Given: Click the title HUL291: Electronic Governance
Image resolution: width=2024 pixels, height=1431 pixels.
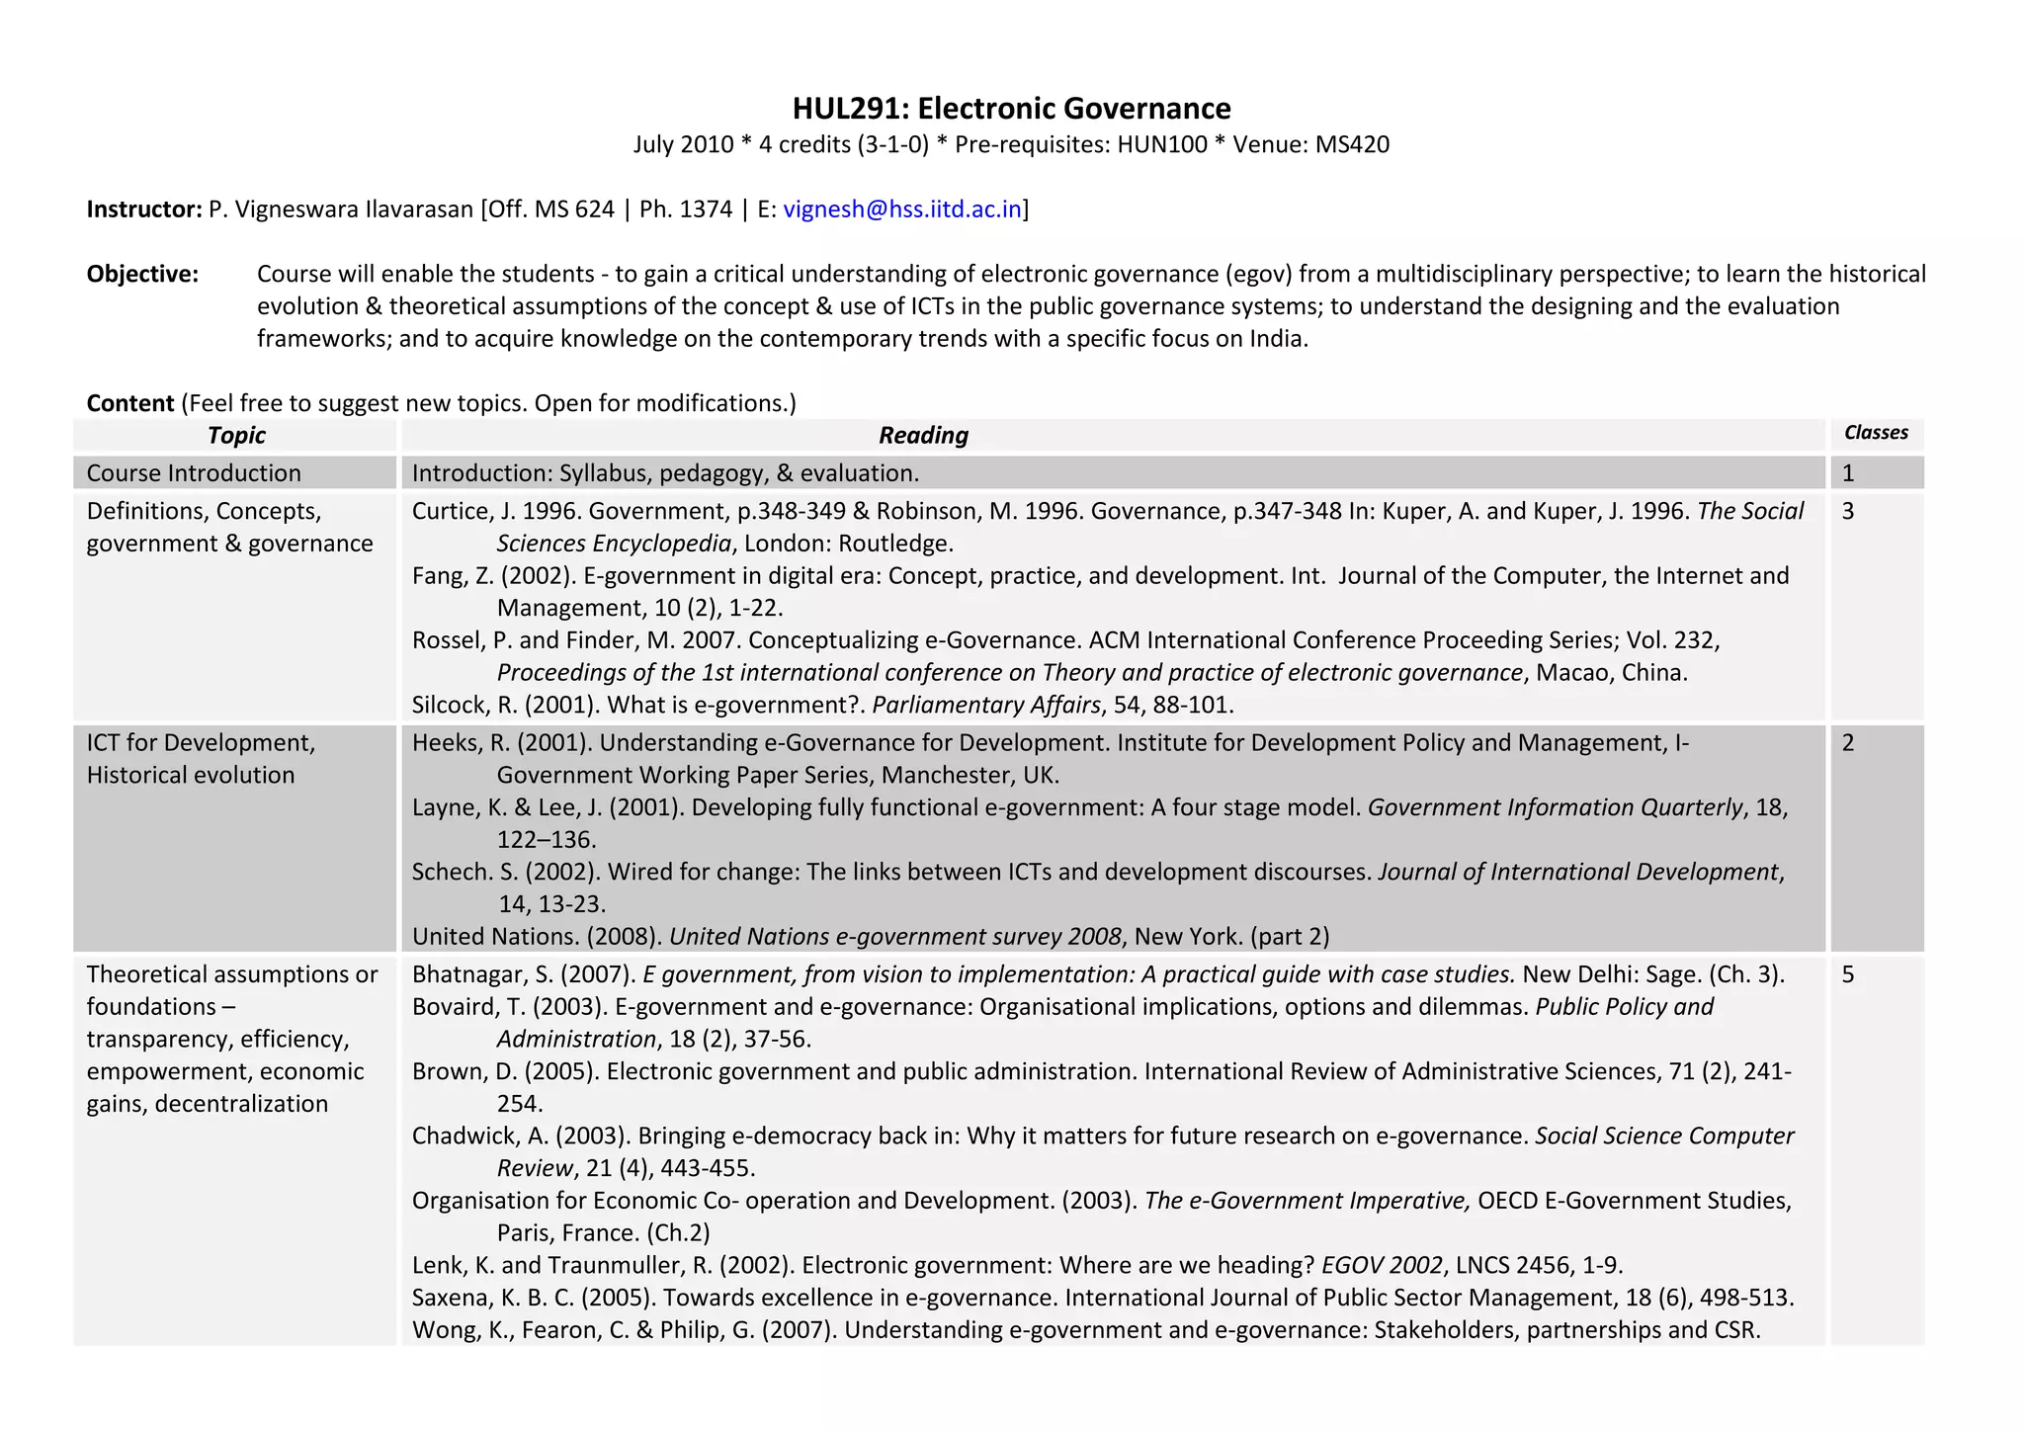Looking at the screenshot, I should coord(1011,108).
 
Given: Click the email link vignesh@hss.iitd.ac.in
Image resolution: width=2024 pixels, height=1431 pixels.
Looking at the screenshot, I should coord(901,209).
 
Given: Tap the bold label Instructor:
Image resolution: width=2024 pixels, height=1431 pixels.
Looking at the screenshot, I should coord(144,209).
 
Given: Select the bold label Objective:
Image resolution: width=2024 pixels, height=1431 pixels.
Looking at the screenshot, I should coord(142,274).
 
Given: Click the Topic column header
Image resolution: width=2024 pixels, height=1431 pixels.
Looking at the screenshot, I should coord(236,435).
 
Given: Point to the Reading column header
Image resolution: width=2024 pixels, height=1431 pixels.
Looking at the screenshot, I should coord(923,435).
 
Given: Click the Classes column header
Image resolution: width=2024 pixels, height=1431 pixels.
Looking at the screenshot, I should coord(1876,433).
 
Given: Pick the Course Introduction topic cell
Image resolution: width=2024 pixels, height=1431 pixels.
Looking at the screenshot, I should coord(194,473).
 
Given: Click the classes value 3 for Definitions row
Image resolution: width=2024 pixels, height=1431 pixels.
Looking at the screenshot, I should coord(1848,511).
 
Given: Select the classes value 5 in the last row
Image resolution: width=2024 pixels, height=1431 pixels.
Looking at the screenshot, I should coord(1848,974).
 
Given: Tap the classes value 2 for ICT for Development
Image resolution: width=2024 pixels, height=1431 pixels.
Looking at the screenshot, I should coord(1848,743).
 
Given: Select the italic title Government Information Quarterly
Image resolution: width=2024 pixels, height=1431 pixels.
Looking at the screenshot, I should coord(1556,807).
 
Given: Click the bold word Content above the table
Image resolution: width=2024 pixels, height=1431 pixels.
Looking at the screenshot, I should coord(130,403).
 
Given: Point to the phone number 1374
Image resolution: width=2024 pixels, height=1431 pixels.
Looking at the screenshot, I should coord(706,209).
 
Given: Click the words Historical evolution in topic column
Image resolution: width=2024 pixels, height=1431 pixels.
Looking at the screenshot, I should coord(191,775).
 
